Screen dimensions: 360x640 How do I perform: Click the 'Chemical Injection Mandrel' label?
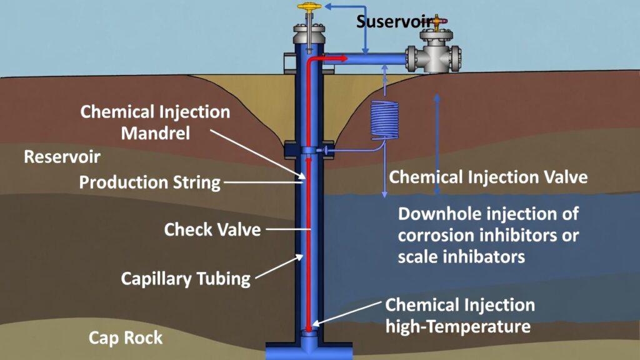click(x=155, y=122)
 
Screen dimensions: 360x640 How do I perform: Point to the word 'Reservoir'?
click(x=62, y=156)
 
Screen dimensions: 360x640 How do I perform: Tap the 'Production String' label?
click(x=150, y=182)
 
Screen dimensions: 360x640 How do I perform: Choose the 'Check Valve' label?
click(x=212, y=229)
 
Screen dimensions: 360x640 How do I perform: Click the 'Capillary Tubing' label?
click(x=186, y=278)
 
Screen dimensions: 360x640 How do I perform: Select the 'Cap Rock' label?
click(x=126, y=338)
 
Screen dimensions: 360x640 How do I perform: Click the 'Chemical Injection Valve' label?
click(x=488, y=177)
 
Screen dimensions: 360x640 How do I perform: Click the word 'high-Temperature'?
click(x=458, y=326)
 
